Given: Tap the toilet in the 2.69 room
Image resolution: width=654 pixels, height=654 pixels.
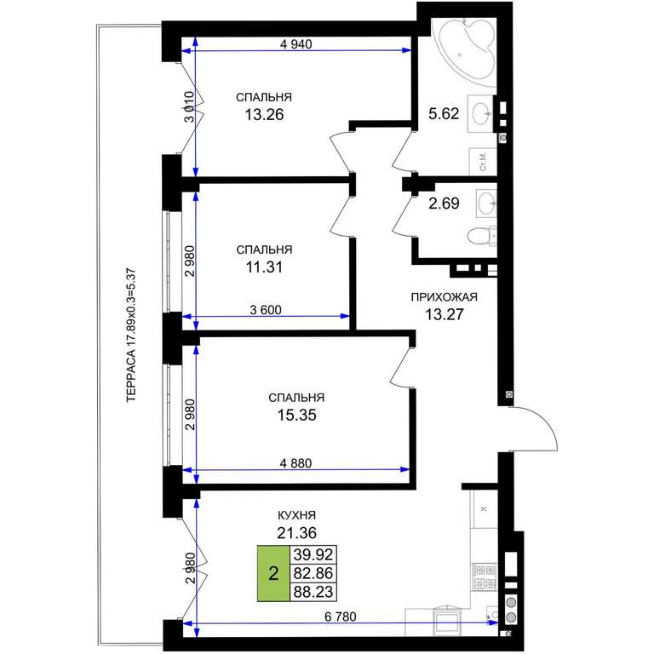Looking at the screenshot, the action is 482,236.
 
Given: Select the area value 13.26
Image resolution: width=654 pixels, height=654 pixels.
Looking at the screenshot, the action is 264,114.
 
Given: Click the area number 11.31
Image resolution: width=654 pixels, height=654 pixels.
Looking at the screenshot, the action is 264,267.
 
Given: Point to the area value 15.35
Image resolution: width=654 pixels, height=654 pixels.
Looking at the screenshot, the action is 296,415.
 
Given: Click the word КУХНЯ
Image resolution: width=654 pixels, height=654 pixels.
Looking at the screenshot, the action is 296,515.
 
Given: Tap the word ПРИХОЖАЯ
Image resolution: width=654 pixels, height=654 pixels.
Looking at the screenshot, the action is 445,297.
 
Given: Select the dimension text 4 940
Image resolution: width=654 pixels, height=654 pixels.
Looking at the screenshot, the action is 295,43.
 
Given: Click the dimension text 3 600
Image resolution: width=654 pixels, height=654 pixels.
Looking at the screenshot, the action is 266,310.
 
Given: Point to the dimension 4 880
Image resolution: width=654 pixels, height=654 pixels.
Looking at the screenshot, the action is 295,463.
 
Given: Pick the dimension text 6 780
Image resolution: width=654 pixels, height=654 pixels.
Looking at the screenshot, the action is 341,617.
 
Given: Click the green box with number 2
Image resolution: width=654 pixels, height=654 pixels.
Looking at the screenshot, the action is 273,573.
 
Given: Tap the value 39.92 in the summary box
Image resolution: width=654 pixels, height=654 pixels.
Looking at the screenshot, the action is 313,555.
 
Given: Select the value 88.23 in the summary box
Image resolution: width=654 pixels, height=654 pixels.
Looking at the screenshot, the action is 313,592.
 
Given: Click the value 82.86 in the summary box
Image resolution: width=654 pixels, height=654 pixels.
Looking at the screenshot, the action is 313,573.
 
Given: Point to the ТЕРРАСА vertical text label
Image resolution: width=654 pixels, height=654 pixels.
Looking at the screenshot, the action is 131,336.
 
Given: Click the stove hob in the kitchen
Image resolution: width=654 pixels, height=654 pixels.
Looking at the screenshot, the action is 485,577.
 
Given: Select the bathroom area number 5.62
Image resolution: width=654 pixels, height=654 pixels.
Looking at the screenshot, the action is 444,113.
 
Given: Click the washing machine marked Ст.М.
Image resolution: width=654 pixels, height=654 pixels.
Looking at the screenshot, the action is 483,162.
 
